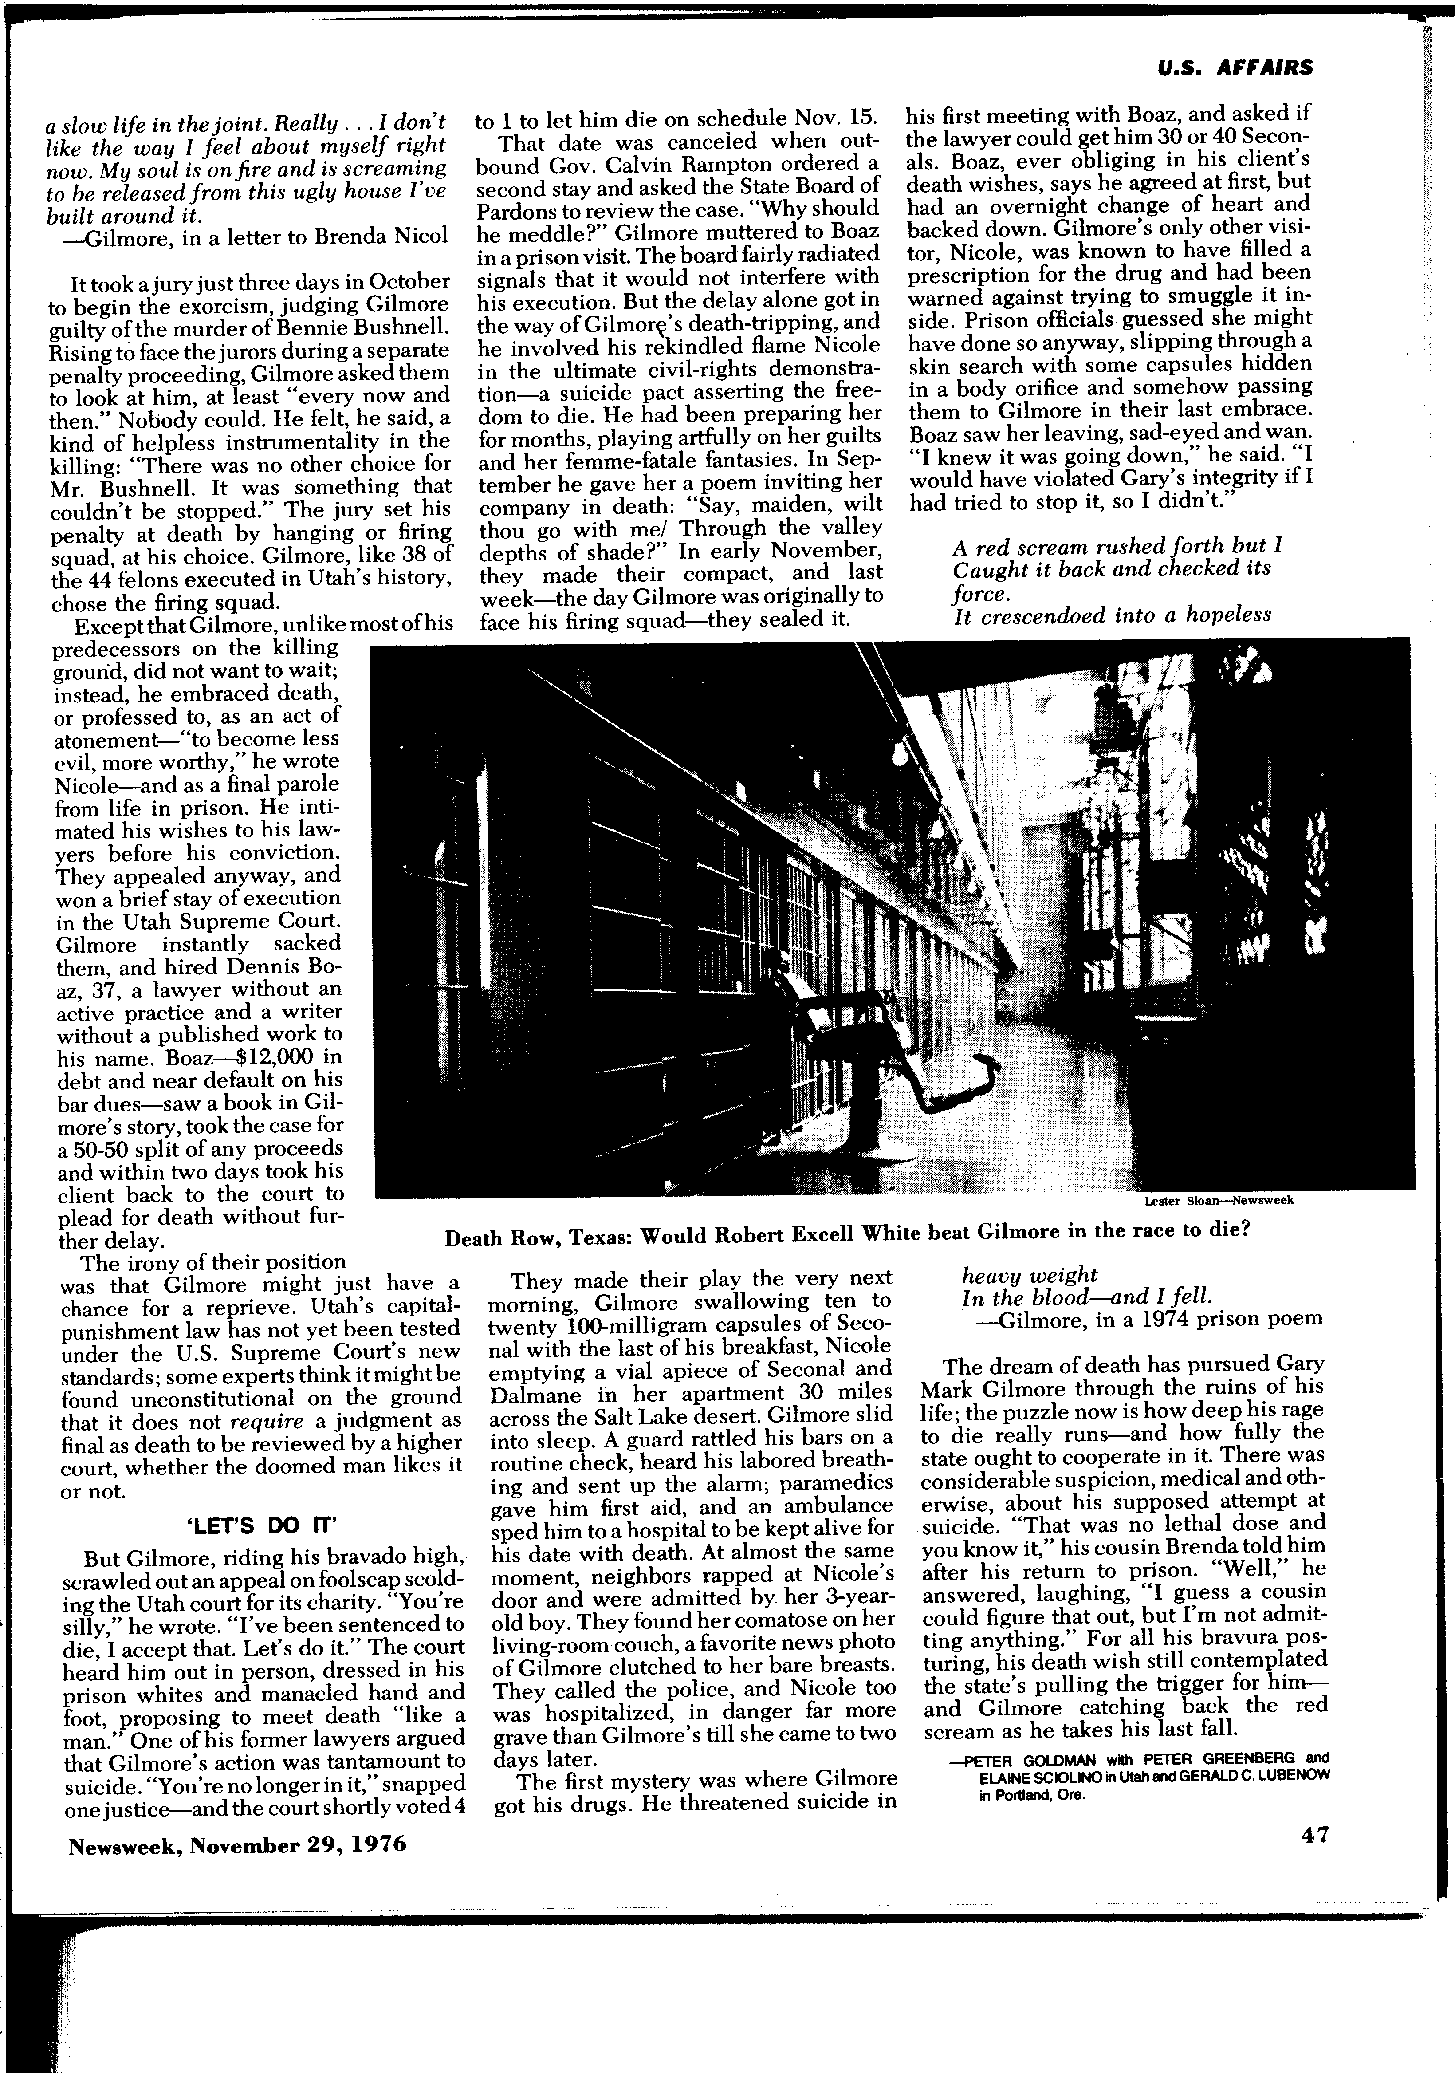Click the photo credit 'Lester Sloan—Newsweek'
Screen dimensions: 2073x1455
pos(1219,1201)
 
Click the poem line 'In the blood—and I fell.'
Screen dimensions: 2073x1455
pos(1088,1296)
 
